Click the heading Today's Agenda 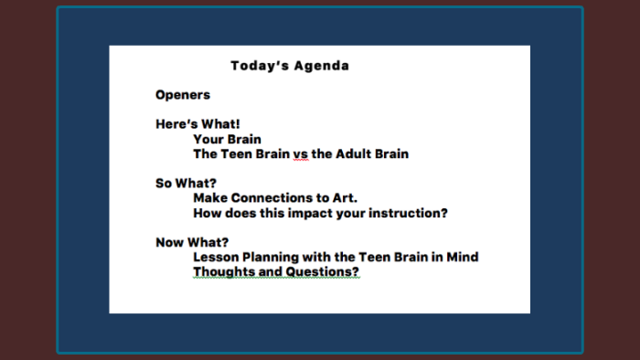(289, 66)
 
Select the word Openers (182, 95)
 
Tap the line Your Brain (227, 139)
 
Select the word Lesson (215, 257)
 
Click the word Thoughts (224, 271)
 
